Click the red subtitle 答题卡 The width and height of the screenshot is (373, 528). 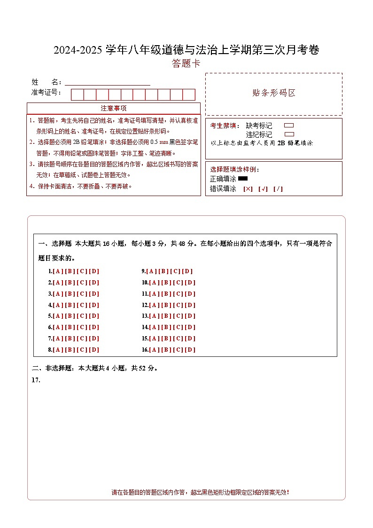tap(186, 63)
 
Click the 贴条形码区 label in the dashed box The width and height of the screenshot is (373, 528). tap(274, 93)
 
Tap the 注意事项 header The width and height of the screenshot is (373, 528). tap(113, 108)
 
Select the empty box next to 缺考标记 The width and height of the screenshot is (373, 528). tap(289, 126)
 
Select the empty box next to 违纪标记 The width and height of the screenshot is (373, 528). tap(289, 134)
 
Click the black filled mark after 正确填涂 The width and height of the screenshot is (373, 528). tap(243, 179)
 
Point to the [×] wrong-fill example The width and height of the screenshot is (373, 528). tap(248, 189)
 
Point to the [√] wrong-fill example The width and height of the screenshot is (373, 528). tap(263, 189)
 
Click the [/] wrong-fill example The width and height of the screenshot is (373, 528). tap(278, 189)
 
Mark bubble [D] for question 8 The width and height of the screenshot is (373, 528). tap(94, 350)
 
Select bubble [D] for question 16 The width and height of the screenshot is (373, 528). tap(190, 350)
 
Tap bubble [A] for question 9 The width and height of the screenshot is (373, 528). tap(151, 271)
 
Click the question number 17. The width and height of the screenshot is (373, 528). tap(36, 380)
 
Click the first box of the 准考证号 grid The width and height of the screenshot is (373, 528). tap(77, 95)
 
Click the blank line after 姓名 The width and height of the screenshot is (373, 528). tap(108, 82)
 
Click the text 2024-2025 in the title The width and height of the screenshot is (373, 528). tap(78, 50)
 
